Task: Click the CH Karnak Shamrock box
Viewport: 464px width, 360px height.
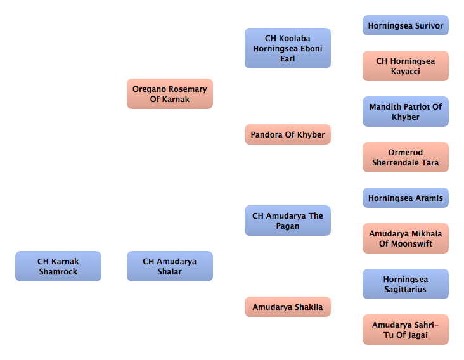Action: (x=58, y=266)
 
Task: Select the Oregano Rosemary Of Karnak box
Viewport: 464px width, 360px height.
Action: (x=170, y=94)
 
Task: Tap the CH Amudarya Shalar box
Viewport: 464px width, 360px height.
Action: (x=170, y=266)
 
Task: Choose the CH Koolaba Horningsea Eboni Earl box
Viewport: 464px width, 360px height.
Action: (x=288, y=48)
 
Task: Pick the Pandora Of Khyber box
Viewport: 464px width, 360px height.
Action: (x=288, y=134)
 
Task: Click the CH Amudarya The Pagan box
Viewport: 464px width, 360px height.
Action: (x=288, y=221)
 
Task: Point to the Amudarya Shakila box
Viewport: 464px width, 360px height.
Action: (x=288, y=307)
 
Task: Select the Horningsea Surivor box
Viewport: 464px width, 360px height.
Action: (x=406, y=25)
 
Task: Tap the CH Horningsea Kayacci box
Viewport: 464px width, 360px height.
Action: (x=406, y=66)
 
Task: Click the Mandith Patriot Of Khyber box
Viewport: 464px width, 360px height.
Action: (x=406, y=112)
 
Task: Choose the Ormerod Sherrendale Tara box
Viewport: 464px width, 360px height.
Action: (x=406, y=157)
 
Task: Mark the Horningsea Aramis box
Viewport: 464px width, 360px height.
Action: (x=406, y=198)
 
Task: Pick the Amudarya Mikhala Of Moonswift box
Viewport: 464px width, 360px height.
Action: (x=406, y=238)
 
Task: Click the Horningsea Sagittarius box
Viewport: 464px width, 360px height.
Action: (x=406, y=284)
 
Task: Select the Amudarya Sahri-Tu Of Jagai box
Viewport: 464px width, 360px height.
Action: (x=406, y=330)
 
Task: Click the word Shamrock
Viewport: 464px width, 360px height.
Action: (x=58, y=271)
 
